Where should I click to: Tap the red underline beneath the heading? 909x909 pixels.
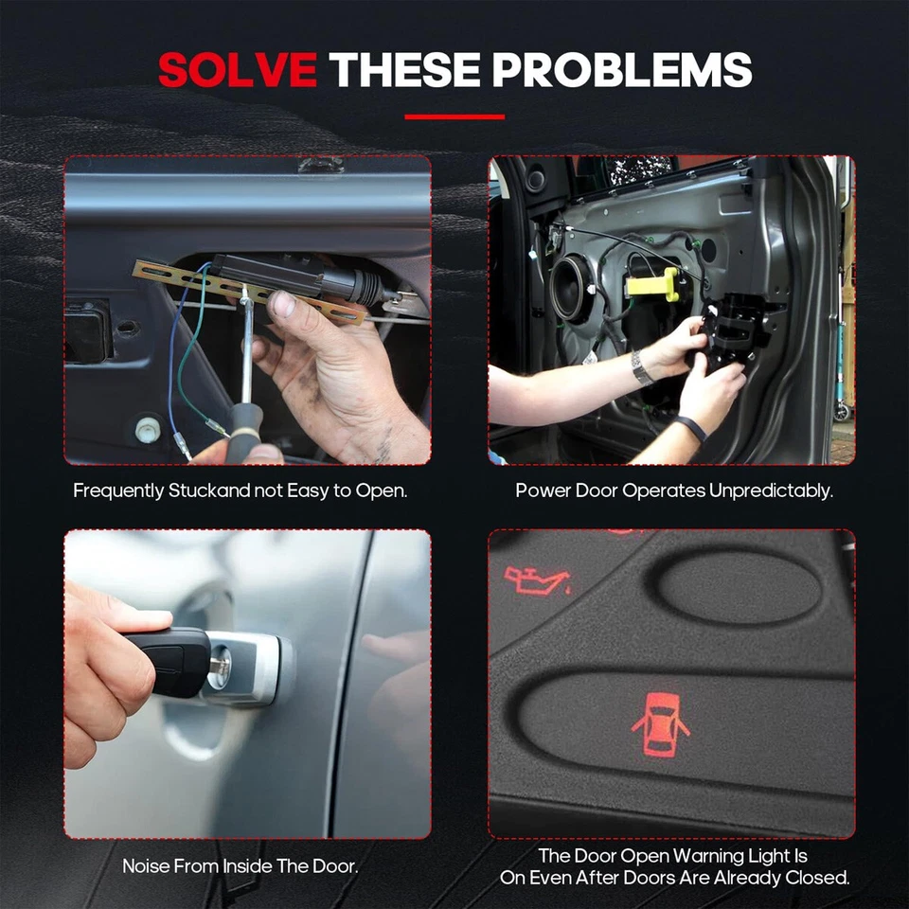[x=454, y=117]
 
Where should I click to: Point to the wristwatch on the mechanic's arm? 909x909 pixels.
[x=643, y=366]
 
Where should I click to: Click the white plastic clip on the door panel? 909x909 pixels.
[x=147, y=429]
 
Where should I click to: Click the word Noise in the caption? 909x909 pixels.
[x=148, y=866]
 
